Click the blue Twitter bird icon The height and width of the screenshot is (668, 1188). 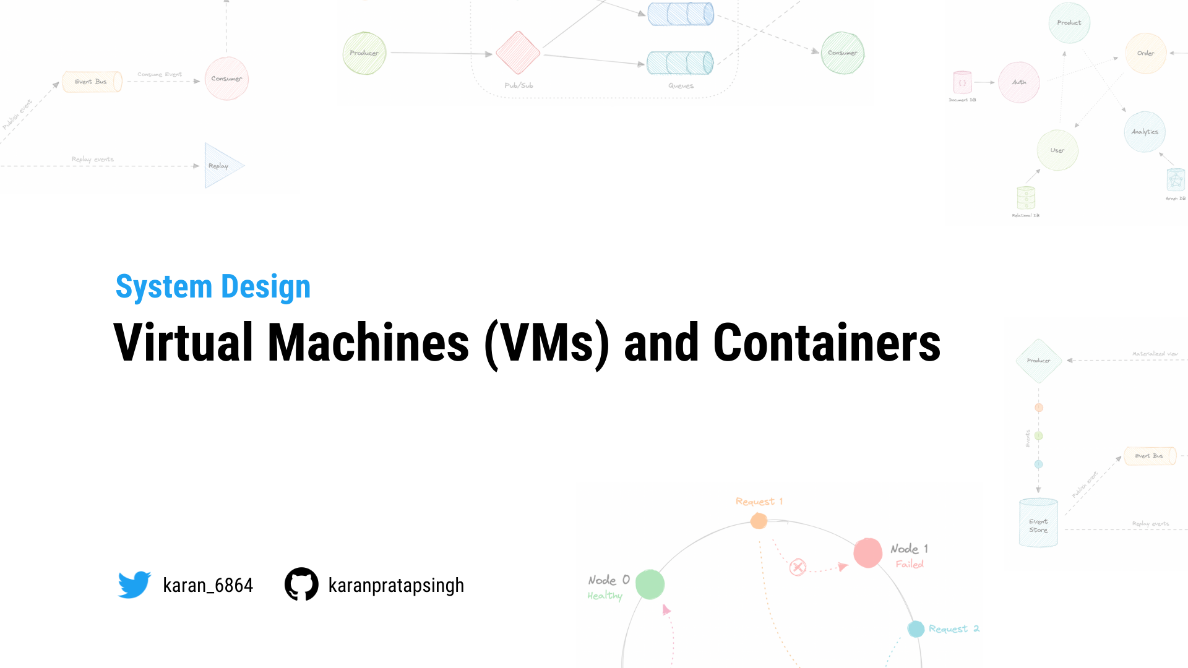(134, 584)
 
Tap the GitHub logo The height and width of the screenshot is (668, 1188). (301, 584)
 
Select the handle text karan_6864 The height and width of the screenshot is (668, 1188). (208, 585)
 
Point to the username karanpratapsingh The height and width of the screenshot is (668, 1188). (396, 585)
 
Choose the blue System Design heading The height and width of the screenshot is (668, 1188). (213, 287)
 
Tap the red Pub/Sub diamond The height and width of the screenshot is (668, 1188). (518, 53)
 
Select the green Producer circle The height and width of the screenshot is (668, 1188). (364, 53)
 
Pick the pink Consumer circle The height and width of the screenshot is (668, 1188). (226, 79)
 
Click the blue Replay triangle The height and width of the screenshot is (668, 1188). (222, 166)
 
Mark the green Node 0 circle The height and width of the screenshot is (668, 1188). (650, 584)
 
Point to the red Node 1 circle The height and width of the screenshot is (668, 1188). (867, 552)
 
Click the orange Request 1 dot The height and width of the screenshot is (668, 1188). (759, 521)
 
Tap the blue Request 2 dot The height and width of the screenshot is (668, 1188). (916, 629)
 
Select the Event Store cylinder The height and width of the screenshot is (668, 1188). (1038, 523)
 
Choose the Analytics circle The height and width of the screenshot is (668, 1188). (1145, 132)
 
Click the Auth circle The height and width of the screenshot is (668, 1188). (1019, 82)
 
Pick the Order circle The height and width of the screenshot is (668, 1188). (1145, 53)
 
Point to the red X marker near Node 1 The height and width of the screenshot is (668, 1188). (798, 567)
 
